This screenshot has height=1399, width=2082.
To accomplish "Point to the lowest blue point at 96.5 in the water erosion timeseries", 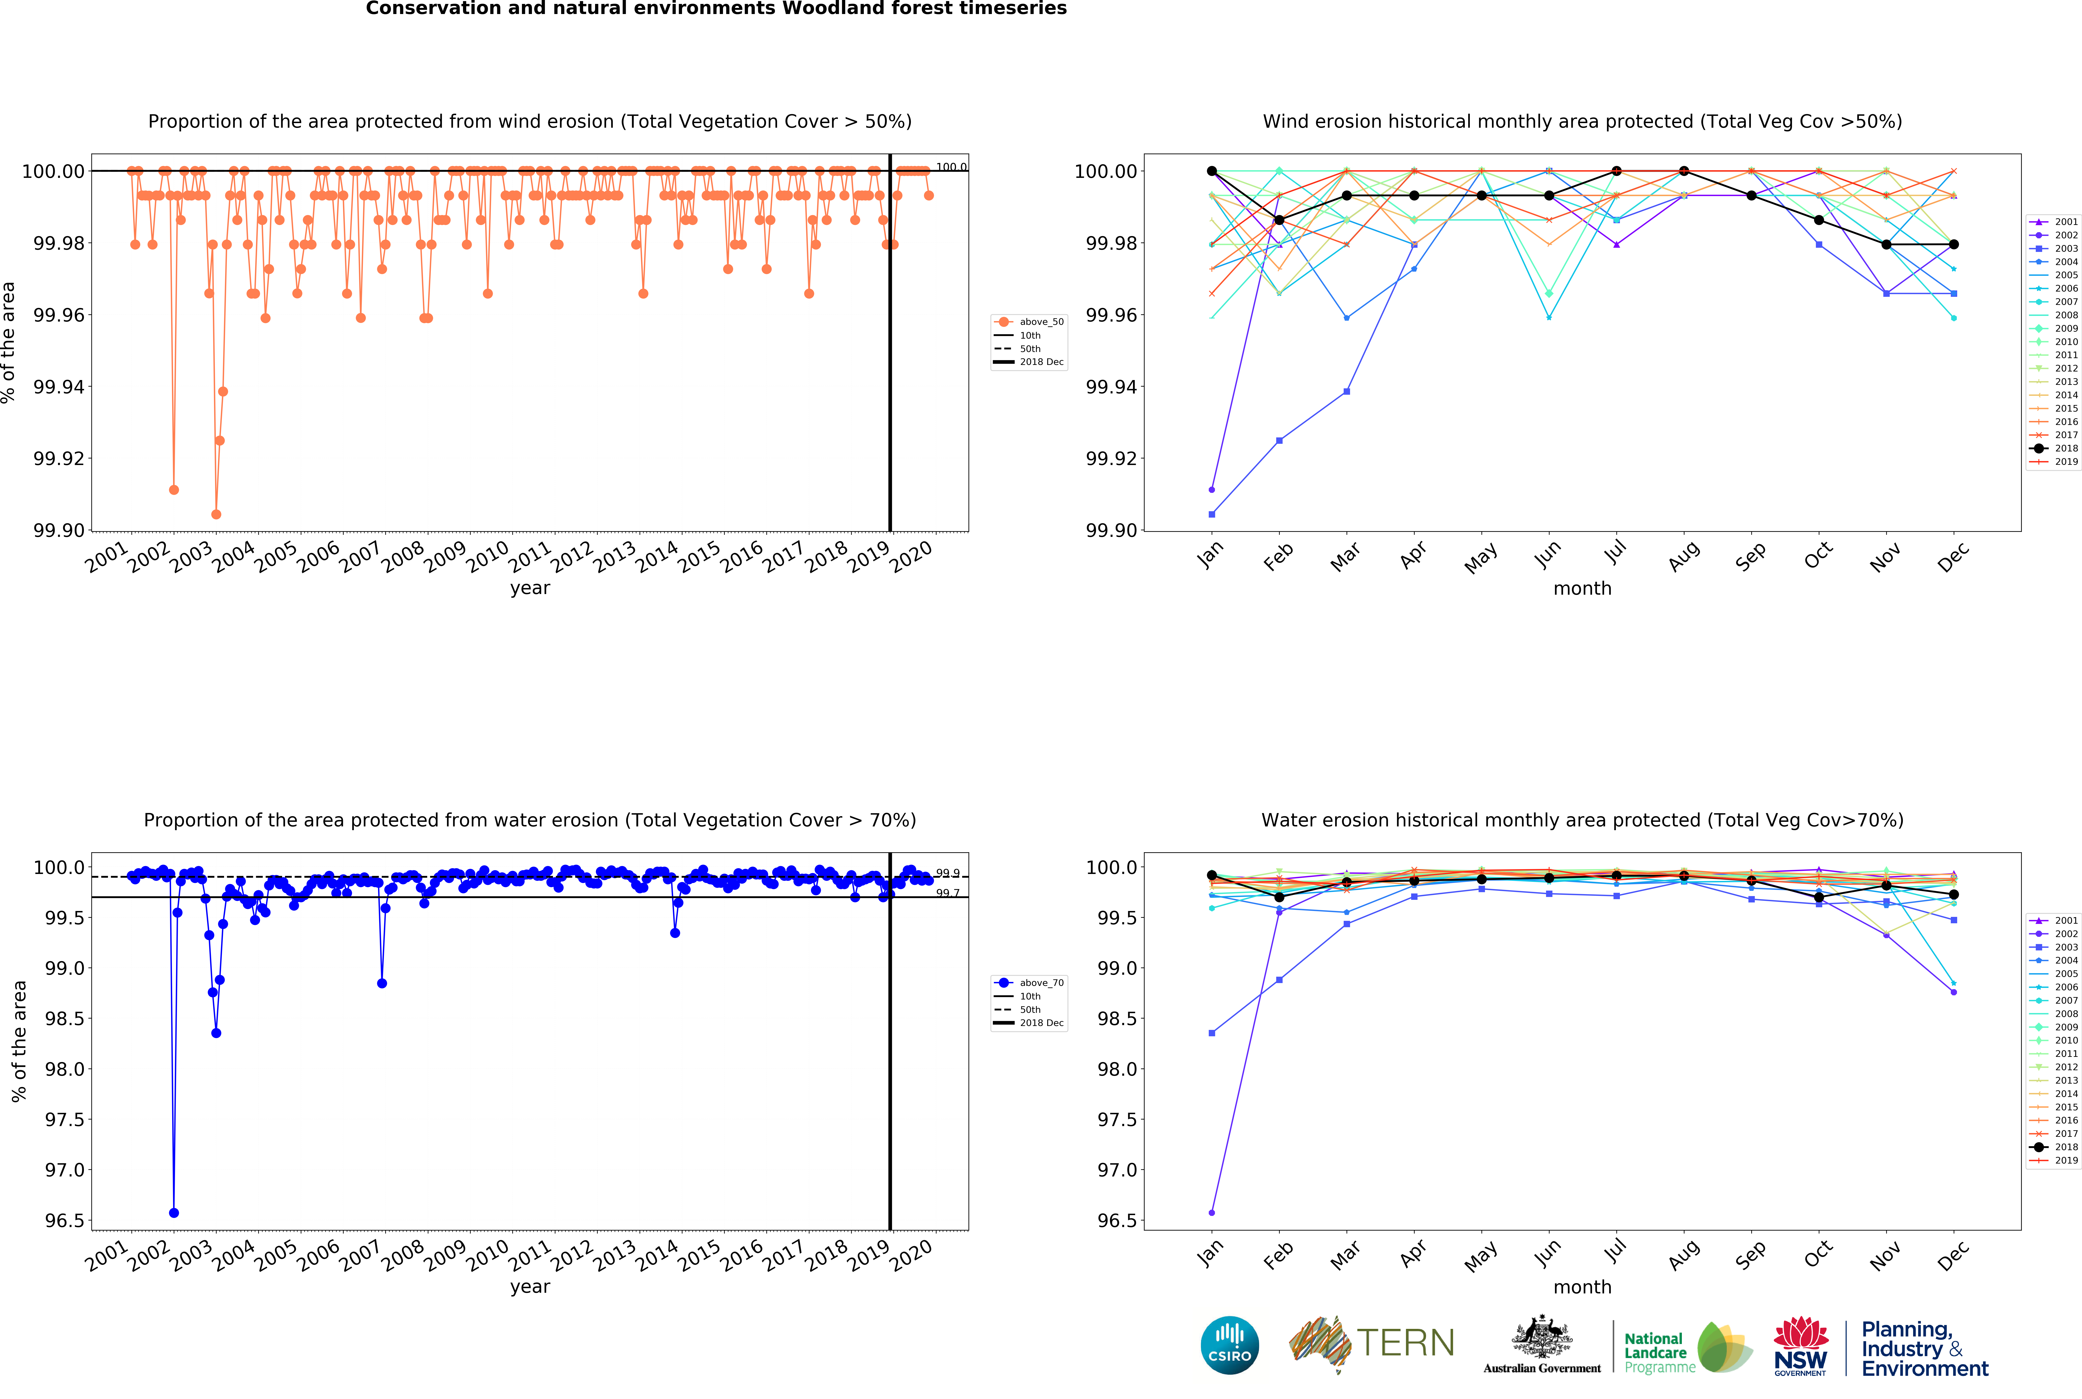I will coord(174,1213).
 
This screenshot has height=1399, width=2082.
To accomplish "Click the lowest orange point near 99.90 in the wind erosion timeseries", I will coord(216,514).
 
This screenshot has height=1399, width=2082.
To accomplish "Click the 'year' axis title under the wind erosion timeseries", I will coord(530,588).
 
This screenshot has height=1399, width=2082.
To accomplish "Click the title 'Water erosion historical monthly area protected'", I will coord(1582,820).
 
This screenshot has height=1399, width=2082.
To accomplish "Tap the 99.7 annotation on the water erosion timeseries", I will coord(947,893).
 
